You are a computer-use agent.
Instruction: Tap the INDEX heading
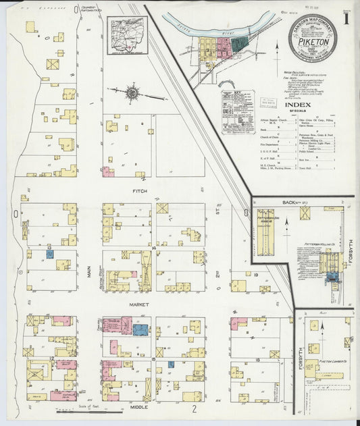(298, 105)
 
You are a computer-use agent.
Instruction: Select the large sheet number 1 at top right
(346, 19)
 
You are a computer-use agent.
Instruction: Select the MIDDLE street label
(139, 408)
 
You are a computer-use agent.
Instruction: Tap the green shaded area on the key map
(238, 46)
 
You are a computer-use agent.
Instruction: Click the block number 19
(257, 275)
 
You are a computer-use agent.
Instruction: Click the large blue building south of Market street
(140, 329)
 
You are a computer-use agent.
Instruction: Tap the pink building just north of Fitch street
(108, 171)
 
